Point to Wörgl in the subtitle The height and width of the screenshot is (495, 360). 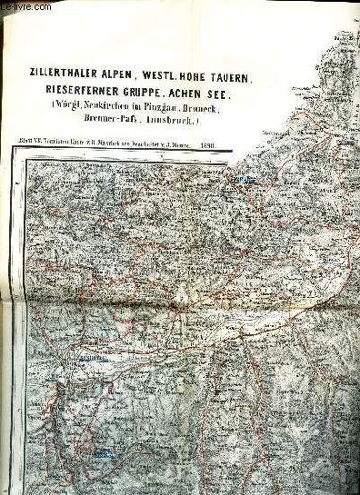click(79, 107)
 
